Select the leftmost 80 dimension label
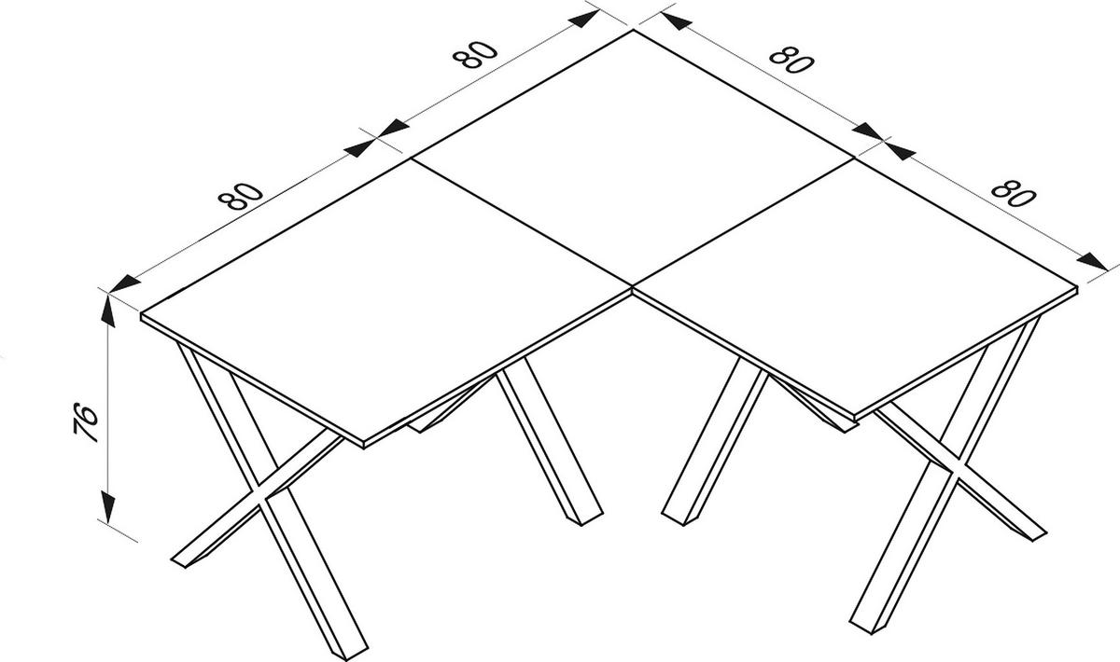(239, 195)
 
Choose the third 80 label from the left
(792, 61)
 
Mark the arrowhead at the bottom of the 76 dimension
(109, 509)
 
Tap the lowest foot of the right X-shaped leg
(863, 620)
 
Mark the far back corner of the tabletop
(634, 31)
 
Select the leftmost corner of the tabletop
(142, 315)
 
